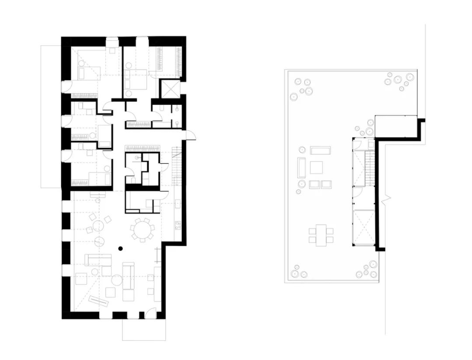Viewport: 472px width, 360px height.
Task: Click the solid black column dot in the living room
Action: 121,248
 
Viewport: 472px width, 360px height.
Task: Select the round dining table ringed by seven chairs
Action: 142,229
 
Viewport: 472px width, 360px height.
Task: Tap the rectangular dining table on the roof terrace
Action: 321,235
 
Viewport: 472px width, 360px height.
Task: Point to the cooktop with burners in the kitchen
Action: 178,225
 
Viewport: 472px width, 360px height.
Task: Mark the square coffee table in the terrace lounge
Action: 316,167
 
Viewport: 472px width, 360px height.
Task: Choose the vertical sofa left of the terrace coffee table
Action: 302,167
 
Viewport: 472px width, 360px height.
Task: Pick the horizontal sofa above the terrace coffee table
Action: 320,150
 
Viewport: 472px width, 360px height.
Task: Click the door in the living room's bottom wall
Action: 150,313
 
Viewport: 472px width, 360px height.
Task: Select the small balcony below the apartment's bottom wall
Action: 144,329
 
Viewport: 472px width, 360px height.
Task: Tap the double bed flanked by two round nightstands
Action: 136,80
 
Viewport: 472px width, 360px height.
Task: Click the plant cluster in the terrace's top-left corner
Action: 303,87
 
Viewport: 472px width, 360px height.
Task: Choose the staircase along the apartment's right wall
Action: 177,166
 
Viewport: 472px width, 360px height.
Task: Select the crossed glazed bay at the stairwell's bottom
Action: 364,227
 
